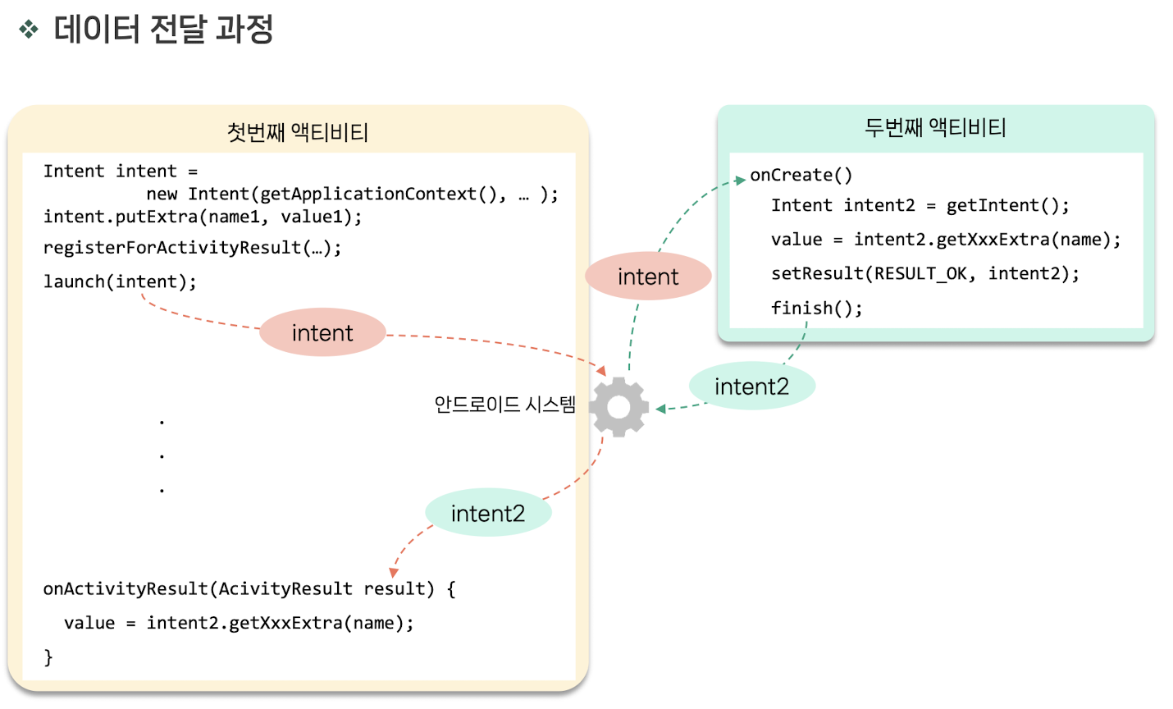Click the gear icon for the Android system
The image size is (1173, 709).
coord(618,407)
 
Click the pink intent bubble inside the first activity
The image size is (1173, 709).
coord(322,332)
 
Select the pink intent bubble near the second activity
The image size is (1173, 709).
coord(648,277)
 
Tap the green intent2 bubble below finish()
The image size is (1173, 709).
coord(751,386)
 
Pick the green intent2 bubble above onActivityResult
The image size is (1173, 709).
coord(488,513)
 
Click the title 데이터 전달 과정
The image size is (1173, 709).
coord(163,30)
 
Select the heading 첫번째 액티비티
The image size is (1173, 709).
coord(298,132)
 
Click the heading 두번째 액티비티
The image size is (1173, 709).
coord(935,127)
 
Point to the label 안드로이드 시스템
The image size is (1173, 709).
coord(504,405)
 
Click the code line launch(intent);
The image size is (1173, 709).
coord(120,281)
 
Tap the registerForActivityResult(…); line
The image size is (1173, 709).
coord(192,247)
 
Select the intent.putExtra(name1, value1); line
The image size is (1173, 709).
coord(203,217)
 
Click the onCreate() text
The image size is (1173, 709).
coord(801,175)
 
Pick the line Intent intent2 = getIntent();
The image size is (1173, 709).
coord(920,205)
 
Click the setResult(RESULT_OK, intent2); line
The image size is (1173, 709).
coord(924,273)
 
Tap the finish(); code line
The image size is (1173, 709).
coord(816,308)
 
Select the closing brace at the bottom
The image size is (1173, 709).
coord(48,656)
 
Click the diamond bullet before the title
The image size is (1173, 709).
coord(29,30)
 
